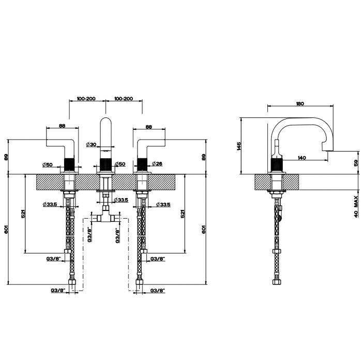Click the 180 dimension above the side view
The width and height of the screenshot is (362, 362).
point(299,103)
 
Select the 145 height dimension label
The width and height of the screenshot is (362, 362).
point(239,146)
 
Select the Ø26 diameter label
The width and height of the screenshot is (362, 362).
point(158,164)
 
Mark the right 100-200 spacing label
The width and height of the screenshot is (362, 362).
point(124,98)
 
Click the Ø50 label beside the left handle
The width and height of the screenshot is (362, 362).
point(48,164)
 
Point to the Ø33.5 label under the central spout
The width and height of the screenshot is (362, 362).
point(120,200)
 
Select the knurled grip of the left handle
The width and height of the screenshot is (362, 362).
point(70,161)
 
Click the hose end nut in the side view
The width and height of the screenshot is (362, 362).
point(275,282)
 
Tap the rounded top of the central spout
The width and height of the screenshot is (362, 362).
point(105,122)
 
